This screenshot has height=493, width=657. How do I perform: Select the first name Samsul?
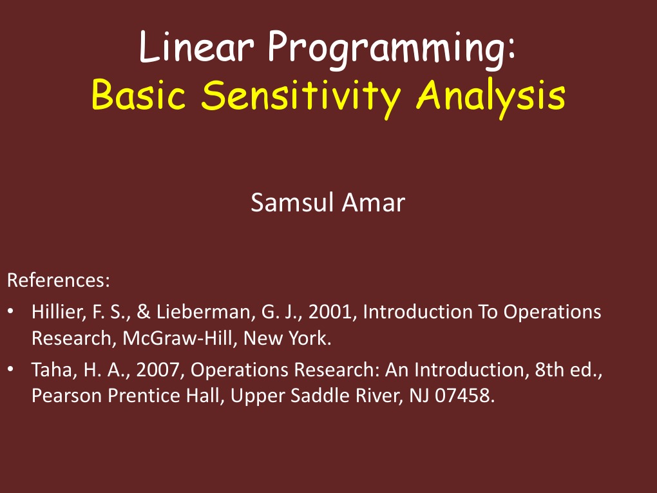[x=293, y=203]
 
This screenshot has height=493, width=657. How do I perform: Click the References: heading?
[x=59, y=281]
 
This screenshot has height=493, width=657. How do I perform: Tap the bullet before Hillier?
[x=12, y=313]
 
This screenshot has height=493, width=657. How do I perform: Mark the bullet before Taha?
[x=12, y=370]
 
